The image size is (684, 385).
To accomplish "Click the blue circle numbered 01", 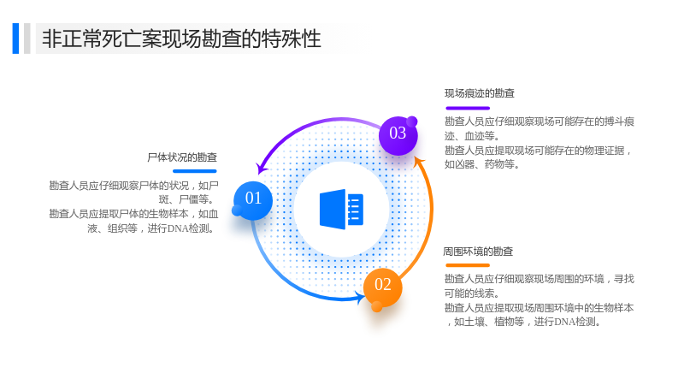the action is (253, 200).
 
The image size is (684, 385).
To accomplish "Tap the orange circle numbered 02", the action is (382, 287).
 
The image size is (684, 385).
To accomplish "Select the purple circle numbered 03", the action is (398, 136).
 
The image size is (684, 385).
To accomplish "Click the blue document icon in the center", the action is (341, 209).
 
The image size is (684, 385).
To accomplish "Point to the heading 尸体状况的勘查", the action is (182, 157).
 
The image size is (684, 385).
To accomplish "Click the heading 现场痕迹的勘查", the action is (480, 93).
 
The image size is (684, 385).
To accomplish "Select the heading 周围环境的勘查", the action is (478, 252).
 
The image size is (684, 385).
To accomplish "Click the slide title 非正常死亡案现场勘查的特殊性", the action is (181, 38).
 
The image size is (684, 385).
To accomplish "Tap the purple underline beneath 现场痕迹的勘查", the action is (468, 108).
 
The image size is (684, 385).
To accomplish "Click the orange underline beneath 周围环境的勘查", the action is (468, 265).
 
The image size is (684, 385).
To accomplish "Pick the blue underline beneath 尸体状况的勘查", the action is (195, 171).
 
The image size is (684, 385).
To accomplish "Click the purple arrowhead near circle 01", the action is (262, 168).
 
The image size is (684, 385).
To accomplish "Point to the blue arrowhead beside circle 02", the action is (361, 298).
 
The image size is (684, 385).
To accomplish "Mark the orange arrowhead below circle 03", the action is (419, 162).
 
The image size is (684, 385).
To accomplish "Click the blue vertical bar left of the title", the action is (15, 38).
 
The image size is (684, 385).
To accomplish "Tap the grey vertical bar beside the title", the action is (27, 38).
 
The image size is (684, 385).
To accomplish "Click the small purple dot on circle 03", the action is (412, 121).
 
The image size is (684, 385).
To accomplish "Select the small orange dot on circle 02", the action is (377, 306).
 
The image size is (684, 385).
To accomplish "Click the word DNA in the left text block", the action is (178, 228).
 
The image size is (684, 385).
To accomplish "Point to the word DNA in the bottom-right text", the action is (564, 322).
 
